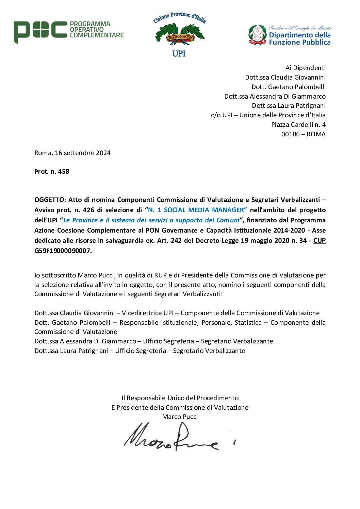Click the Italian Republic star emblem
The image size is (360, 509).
tap(258, 35)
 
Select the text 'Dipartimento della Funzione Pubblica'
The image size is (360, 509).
tap(299, 39)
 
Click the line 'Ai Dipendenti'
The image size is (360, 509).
tap(305, 68)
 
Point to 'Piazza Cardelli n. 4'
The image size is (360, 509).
tap(298, 125)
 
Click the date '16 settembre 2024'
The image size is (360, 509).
tap(83, 153)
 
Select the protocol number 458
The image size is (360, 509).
tap(64, 172)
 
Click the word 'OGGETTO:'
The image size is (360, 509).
tap(50, 200)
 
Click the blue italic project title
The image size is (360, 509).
tap(151, 220)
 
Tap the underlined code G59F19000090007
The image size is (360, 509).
tap(63, 251)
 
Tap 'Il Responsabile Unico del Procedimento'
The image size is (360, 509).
tap(180, 398)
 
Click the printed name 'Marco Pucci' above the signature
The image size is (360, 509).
tap(180, 417)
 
